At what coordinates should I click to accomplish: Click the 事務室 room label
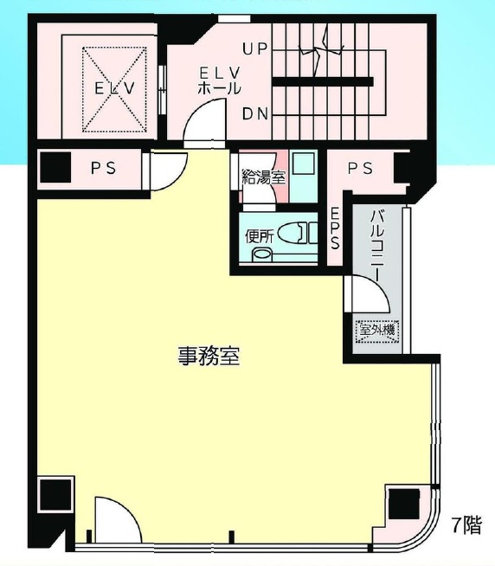point(209,356)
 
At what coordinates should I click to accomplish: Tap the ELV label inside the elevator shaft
point(115,88)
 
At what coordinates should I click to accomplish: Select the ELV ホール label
point(220,81)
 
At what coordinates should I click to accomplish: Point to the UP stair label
point(254,49)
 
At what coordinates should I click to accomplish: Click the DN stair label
point(255,114)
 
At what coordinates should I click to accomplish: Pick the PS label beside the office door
point(103,168)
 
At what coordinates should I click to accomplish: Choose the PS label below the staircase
point(360,168)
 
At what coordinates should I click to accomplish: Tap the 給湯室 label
point(264,177)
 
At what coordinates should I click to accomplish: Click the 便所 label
point(259,237)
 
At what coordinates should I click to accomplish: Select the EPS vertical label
point(335,229)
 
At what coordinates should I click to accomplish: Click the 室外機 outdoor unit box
point(377,331)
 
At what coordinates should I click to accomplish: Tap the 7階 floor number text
point(467,525)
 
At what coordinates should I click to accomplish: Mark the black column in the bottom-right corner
point(404,505)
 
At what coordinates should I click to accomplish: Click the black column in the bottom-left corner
point(55,494)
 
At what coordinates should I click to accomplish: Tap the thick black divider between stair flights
point(323,82)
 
